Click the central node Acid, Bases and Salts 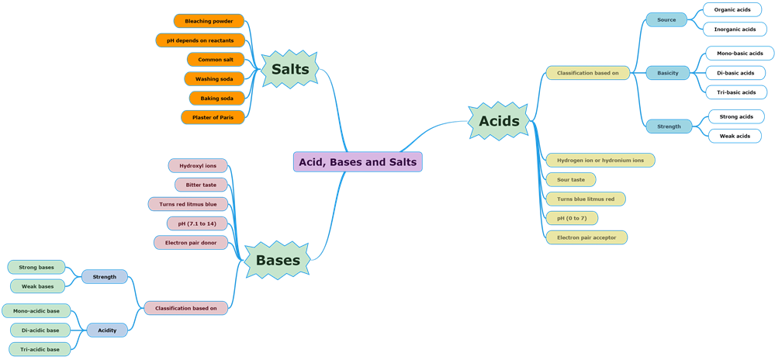(x=358, y=162)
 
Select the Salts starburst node (x=290, y=69)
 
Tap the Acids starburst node (x=499, y=121)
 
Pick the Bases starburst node (x=278, y=260)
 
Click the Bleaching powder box (x=209, y=21)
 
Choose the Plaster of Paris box (x=213, y=117)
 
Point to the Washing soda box (x=214, y=78)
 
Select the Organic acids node (x=732, y=10)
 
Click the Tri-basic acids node (x=735, y=92)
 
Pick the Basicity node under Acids (x=667, y=73)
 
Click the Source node (x=666, y=19)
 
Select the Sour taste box (x=571, y=179)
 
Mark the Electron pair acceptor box (x=586, y=237)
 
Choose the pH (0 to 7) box (x=572, y=218)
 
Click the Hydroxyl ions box (x=198, y=165)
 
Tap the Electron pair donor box (x=191, y=242)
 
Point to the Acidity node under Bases (x=107, y=330)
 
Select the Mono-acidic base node (x=36, y=311)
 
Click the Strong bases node (x=36, y=267)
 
